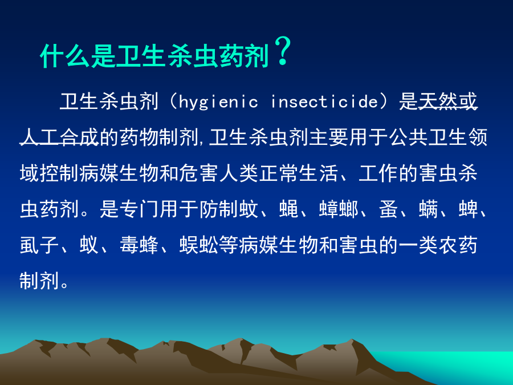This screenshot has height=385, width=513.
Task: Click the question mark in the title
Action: click(x=283, y=51)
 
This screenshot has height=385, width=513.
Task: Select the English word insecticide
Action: click(x=324, y=102)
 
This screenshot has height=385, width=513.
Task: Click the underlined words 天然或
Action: click(x=447, y=101)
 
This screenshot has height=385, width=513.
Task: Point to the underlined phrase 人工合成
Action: click(x=59, y=137)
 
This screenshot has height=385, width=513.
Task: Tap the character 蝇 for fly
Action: click(x=289, y=209)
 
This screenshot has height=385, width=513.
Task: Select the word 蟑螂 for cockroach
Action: click(x=339, y=209)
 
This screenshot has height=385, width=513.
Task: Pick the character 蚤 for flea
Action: click(x=389, y=209)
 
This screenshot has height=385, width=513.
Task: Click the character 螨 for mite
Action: click(x=428, y=209)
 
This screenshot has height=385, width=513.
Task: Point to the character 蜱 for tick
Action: click(x=468, y=209)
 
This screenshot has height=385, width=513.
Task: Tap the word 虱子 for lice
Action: click(x=39, y=245)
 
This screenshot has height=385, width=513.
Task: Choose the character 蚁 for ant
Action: click(x=89, y=245)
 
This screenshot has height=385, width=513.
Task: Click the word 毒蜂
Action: click(x=139, y=245)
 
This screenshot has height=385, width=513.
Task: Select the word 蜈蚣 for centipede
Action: click(x=199, y=245)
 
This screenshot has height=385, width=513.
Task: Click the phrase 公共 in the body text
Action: click(x=408, y=137)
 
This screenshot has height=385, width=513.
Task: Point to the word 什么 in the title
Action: click(x=65, y=56)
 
